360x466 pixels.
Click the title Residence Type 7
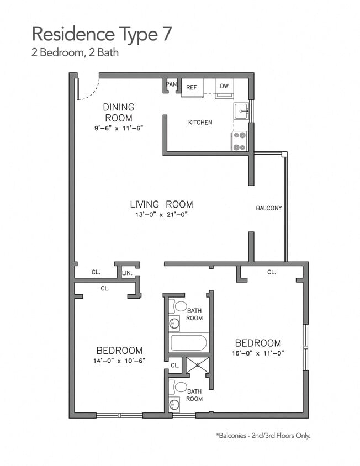102,34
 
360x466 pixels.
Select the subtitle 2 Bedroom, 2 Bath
75,54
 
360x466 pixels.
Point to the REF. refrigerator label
192,87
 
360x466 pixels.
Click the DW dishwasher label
224,86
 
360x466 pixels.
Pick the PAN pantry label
172,84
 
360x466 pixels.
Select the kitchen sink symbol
241,111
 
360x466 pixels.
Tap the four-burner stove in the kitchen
240,141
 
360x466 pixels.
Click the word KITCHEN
200,122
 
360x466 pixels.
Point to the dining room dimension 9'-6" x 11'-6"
119,128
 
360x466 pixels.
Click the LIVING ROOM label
161,204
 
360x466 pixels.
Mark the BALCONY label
269,208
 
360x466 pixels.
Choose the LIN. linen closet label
126,273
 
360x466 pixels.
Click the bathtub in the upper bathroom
188,342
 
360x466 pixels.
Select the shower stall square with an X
198,365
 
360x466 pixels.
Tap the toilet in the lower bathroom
181,386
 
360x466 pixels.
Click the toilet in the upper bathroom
181,306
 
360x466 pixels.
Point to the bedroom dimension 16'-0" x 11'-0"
258,353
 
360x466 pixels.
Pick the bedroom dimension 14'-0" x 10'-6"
119,361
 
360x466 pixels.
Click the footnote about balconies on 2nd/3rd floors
263,436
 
